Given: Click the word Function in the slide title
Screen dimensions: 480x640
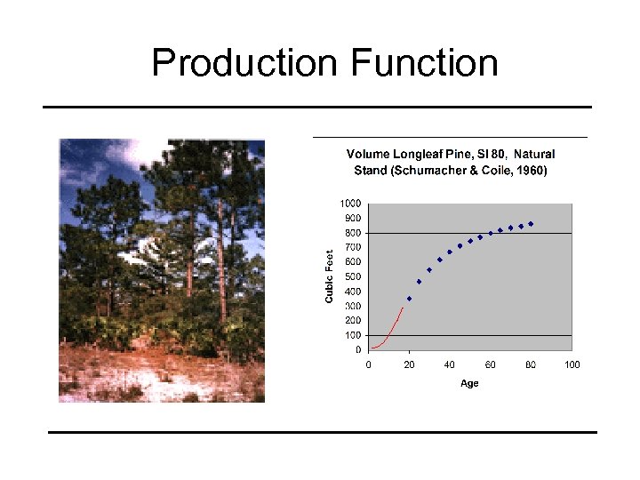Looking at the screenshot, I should [x=424, y=64].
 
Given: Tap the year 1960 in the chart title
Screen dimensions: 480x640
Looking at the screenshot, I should [x=530, y=169].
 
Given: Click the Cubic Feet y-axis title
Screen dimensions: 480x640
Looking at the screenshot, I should [x=329, y=276].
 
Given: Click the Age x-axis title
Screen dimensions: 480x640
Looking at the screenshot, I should [x=469, y=383].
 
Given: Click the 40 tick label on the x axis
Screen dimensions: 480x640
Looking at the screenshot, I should [x=450, y=364].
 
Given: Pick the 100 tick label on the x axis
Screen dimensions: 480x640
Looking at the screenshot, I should [x=572, y=364].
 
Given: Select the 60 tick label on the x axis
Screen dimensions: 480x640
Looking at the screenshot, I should [x=490, y=364].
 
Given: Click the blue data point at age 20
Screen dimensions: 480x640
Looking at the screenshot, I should [x=409, y=299].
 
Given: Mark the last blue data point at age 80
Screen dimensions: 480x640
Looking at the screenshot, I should [x=531, y=224].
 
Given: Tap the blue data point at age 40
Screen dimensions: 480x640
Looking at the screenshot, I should [x=450, y=252].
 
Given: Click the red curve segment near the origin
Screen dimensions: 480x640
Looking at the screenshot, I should [x=391, y=329].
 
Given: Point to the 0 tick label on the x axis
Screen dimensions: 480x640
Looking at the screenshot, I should [x=369, y=364].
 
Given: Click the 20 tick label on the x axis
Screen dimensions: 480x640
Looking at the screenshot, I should [x=409, y=364].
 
